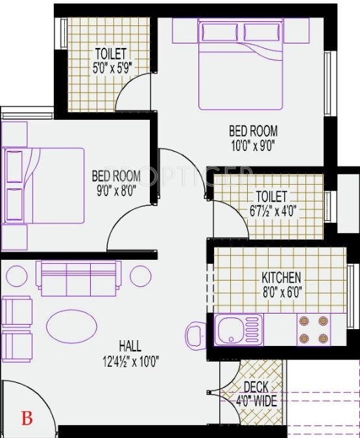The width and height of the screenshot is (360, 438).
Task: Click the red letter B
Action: (27, 417)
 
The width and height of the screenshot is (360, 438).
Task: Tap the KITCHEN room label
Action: (281, 277)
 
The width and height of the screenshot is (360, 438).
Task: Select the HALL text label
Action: (130, 346)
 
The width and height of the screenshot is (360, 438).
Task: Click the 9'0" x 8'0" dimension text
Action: (117, 191)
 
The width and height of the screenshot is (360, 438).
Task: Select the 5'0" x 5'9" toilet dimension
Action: (111, 66)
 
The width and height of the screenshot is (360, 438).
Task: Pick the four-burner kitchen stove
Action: (314, 329)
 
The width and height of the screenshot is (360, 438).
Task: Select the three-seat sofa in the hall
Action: (78, 277)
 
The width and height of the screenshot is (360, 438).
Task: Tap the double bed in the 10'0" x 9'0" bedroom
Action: (241, 63)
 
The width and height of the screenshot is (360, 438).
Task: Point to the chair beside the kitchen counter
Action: (195, 335)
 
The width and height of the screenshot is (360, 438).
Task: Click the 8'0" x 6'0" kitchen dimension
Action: (281, 291)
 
